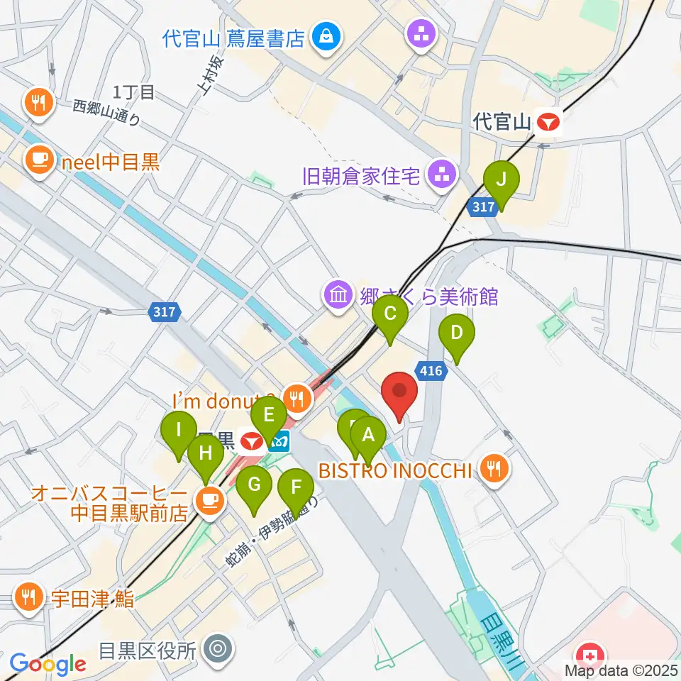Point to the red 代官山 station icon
pos(548,123)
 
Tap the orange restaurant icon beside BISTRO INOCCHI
pos(494,467)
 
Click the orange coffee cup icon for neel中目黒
pos(38,157)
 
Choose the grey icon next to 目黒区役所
pos(215,649)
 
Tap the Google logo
pos(48,664)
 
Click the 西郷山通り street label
pos(107,112)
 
